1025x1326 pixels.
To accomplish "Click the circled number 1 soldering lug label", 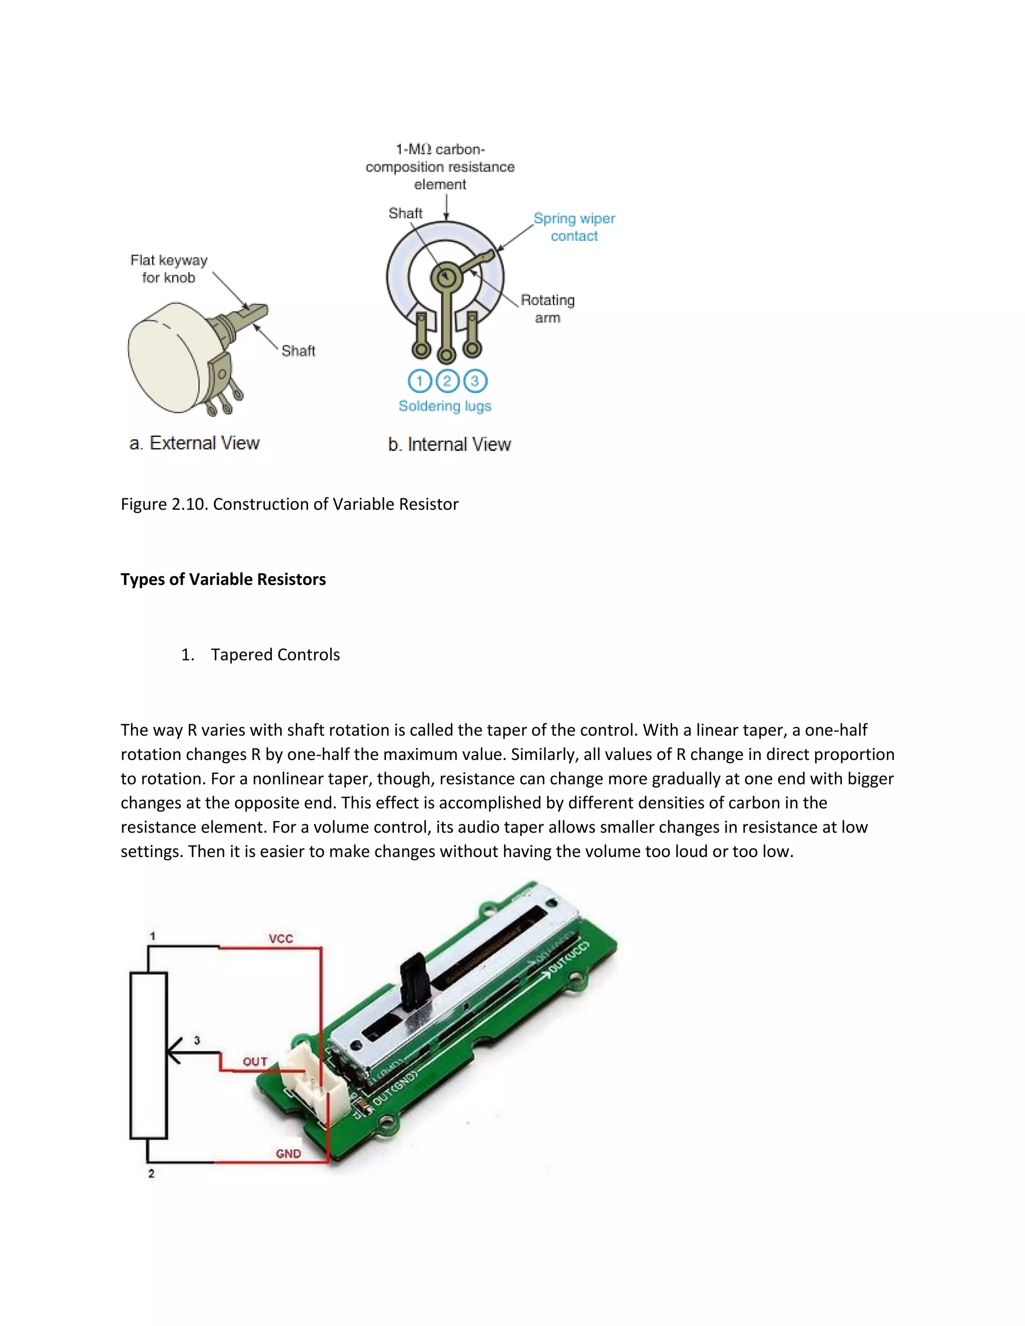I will (419, 381).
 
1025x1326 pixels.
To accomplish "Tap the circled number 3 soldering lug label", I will (475, 381).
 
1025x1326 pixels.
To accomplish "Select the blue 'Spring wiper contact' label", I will (574, 227).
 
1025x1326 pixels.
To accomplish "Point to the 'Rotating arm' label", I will (547, 308).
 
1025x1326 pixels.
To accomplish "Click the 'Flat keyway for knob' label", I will (169, 269).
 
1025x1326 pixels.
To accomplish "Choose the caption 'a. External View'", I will (194, 443).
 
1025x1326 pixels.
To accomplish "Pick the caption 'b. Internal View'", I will (449, 444).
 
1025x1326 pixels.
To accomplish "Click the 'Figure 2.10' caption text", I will (289, 504).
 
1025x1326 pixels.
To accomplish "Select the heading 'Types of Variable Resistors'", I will (223, 579).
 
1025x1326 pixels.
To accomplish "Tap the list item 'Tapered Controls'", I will (275, 654).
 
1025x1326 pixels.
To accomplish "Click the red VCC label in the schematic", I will (281, 939).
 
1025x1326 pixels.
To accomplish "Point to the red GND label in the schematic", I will (288, 1153).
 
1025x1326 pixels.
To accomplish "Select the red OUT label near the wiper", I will (255, 1062).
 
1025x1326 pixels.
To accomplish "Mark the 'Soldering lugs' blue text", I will (444, 406).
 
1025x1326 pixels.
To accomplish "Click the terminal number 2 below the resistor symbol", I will (151, 1173).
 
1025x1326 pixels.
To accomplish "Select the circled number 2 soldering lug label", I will (447, 381).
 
